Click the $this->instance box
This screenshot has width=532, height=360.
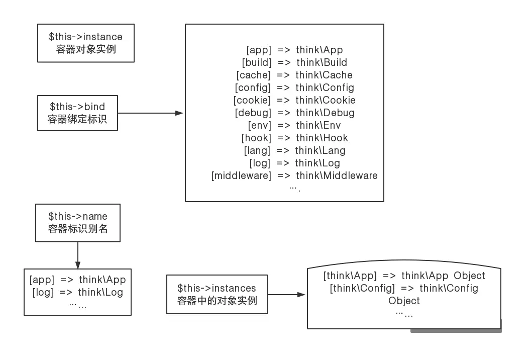tap(86, 43)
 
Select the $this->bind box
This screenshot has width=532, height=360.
tap(77, 113)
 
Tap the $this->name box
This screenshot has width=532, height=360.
tap(78, 222)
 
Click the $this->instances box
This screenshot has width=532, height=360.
tap(217, 295)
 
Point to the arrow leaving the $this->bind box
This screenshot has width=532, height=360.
tap(150, 113)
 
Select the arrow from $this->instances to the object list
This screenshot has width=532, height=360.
tap(287, 295)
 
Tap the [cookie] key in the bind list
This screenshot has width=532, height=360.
tap(253, 100)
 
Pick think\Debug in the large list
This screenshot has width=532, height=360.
tap(325, 113)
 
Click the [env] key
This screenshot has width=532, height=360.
tap(259, 125)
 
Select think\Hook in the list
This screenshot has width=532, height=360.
tap(322, 138)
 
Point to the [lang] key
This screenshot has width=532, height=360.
tap(257, 150)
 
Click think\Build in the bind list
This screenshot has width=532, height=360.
tap(322, 62)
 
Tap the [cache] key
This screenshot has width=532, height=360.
tap(254, 75)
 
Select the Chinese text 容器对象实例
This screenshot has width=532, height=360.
tap(86, 50)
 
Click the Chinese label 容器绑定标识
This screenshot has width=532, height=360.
tap(77, 120)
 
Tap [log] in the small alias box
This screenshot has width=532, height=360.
tap(43, 292)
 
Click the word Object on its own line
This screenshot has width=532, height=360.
tap(404, 301)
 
